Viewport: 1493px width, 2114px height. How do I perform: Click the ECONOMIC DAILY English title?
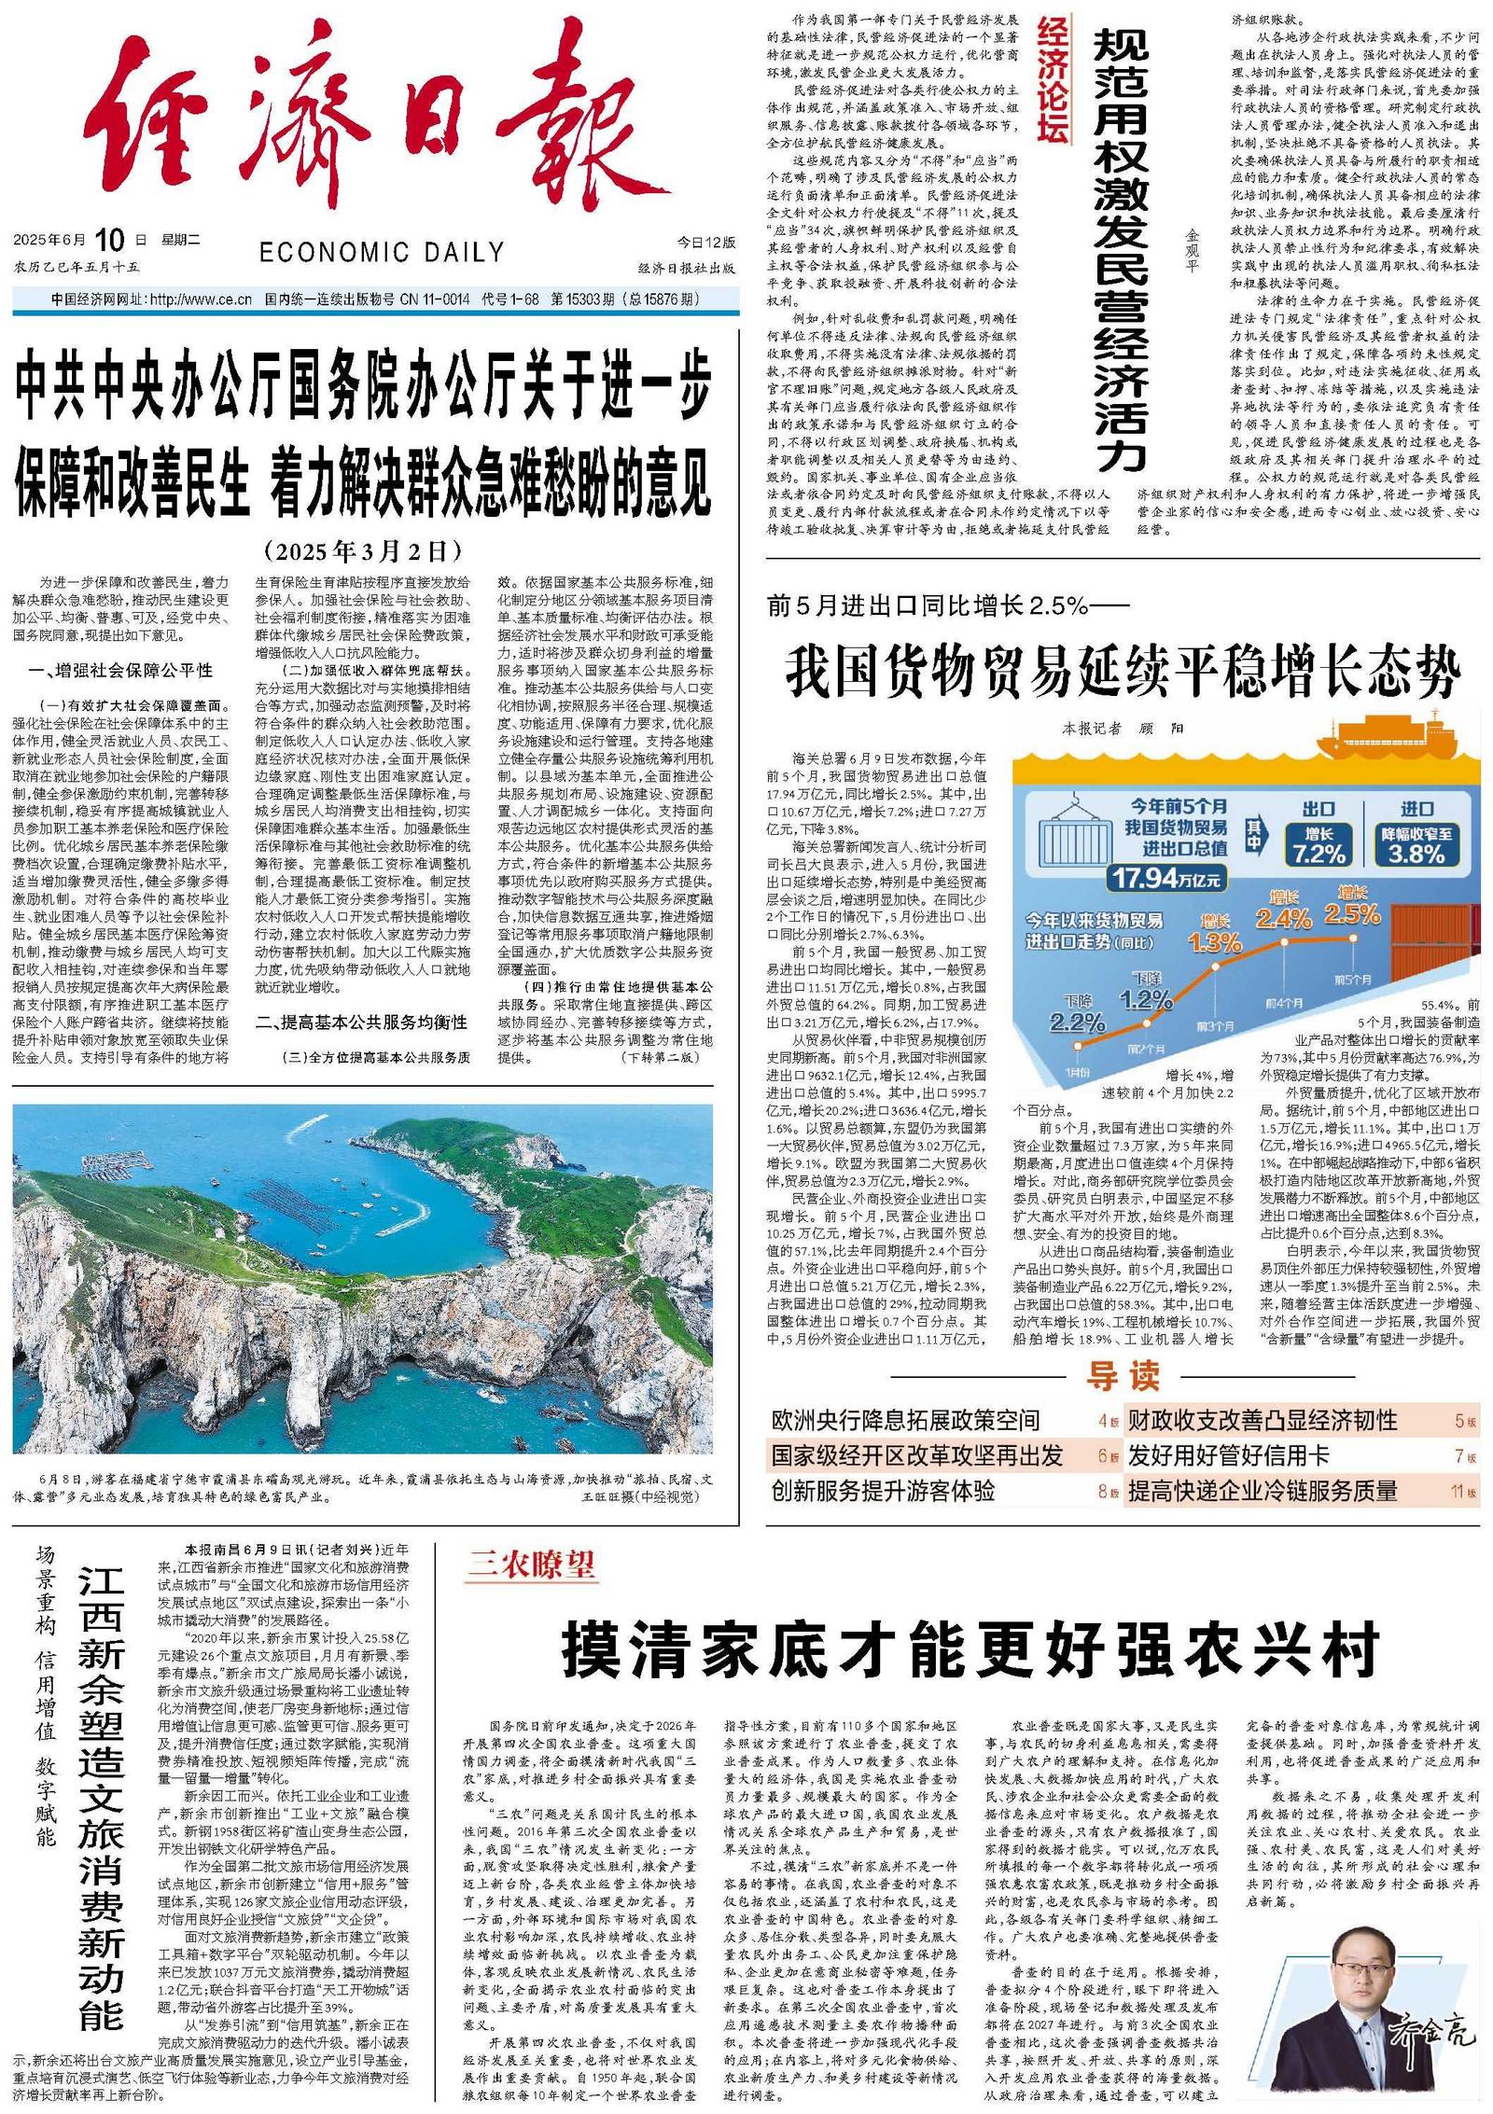pyautogui.click(x=381, y=252)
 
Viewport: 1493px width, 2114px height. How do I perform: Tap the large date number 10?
pyautogui.click(x=109, y=240)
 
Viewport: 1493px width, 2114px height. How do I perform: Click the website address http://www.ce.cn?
pyautogui.click(x=201, y=299)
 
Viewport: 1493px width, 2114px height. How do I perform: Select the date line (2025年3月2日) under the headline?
pyautogui.click(x=362, y=550)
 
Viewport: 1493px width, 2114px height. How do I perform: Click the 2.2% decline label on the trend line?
pyautogui.click(x=1077, y=1022)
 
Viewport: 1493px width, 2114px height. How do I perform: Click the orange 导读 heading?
pyautogui.click(x=1123, y=1376)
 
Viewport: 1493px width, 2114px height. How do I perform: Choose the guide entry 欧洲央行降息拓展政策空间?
pyautogui.click(x=905, y=1421)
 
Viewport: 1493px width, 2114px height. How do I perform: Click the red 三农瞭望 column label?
pyautogui.click(x=530, y=1565)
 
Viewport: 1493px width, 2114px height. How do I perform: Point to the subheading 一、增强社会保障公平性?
pyautogui.click(x=121, y=671)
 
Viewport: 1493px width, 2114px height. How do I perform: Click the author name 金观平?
pyautogui.click(x=1192, y=252)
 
